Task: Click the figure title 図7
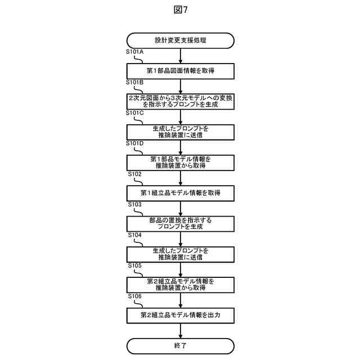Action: tap(180, 9)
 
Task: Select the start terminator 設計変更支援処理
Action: tap(180, 40)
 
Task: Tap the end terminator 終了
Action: tap(180, 346)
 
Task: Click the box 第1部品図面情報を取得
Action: tap(180, 70)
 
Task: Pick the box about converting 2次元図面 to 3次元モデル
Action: tap(180, 101)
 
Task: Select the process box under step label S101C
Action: tap(180, 132)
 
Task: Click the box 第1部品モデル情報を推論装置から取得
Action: tap(180, 162)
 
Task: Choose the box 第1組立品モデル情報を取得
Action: tap(180, 193)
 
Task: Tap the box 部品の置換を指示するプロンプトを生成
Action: tap(180, 223)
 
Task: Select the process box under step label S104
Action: tap(180, 254)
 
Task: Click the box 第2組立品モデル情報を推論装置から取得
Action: tap(180, 285)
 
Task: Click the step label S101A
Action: tap(135, 52)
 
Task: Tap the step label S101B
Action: tap(135, 82)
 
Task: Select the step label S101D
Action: tap(135, 143)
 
